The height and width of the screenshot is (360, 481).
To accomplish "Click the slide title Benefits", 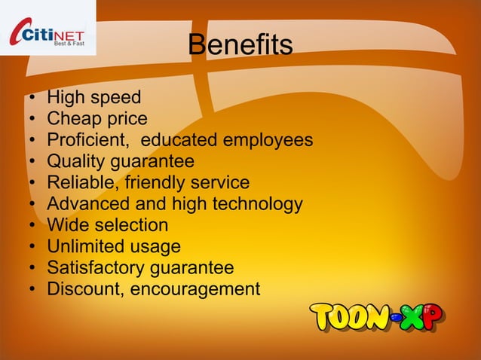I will (x=240, y=46).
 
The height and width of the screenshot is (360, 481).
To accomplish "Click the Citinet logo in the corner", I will (x=47, y=31).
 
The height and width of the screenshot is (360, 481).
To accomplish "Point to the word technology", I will (x=256, y=204).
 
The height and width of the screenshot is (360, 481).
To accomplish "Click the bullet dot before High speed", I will (x=33, y=99).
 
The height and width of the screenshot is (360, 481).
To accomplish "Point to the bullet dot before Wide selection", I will (x=33, y=226).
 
